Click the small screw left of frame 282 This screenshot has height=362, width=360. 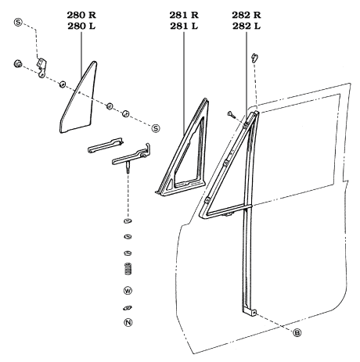(x=230, y=114)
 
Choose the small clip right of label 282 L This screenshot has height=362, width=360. (x=254, y=57)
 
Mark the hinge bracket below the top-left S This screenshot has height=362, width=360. (x=41, y=64)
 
